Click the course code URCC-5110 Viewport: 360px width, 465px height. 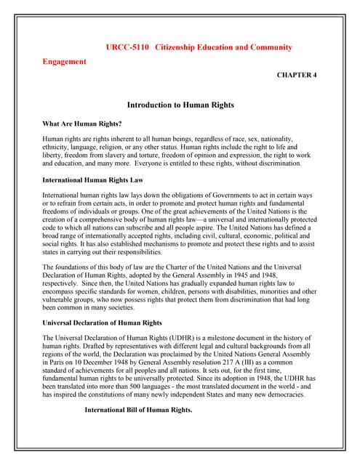tap(128, 47)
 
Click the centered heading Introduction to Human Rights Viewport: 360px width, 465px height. tap(180, 105)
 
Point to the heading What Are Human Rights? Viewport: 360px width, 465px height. tap(82, 124)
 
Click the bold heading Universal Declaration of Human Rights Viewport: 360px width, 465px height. tap(102, 322)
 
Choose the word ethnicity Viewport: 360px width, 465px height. tap(57, 147)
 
